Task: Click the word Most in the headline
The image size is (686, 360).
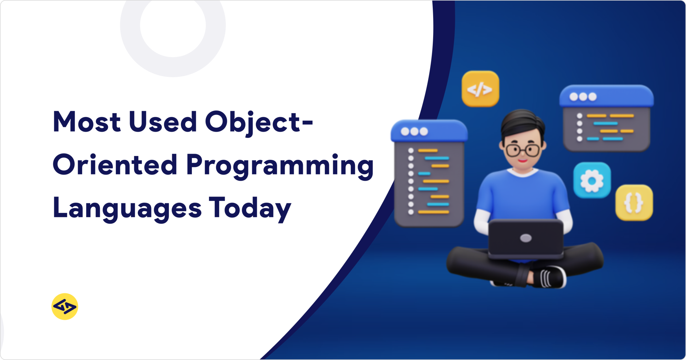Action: point(86,122)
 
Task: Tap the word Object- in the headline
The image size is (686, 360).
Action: point(259,122)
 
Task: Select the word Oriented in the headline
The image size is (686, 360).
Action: point(115,165)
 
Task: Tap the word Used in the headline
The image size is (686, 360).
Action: point(163,122)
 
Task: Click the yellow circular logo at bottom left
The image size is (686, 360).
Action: point(65,306)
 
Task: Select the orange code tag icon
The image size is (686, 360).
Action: point(480,89)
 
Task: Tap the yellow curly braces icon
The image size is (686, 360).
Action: point(634,203)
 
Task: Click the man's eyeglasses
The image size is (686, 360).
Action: point(523,150)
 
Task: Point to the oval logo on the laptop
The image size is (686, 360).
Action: point(526,238)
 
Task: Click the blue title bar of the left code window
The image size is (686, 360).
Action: point(429,131)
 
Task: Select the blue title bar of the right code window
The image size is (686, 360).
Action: point(606,96)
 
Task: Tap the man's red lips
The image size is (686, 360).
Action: point(522,161)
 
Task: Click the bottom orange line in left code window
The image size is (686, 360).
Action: point(433,212)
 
